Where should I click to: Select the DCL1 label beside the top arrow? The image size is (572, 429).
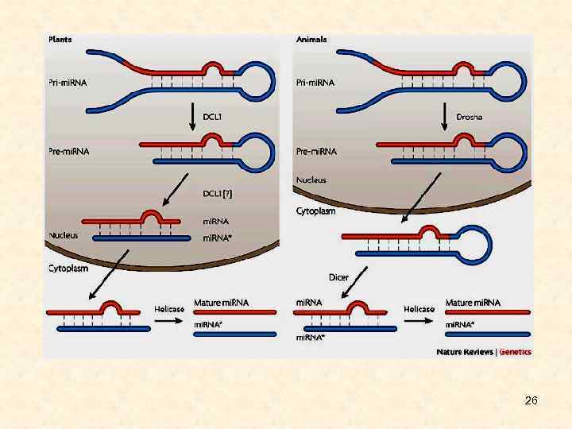click(x=212, y=117)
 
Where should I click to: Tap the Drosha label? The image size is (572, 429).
click(x=469, y=117)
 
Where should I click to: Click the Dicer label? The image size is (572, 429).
click(x=338, y=277)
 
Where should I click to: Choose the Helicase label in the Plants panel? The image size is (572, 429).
click(x=168, y=309)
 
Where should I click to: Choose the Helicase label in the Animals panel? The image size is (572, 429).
click(x=419, y=309)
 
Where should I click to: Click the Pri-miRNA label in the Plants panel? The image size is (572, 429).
click(x=69, y=82)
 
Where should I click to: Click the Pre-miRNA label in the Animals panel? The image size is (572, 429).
click(x=315, y=151)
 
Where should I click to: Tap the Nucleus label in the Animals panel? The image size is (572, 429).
click(x=311, y=180)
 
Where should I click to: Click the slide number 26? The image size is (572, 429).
click(x=531, y=400)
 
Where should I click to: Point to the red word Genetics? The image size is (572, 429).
click(x=516, y=352)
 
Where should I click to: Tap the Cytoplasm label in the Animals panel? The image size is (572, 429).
click(x=315, y=211)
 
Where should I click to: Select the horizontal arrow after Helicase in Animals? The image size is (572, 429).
click(x=419, y=320)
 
